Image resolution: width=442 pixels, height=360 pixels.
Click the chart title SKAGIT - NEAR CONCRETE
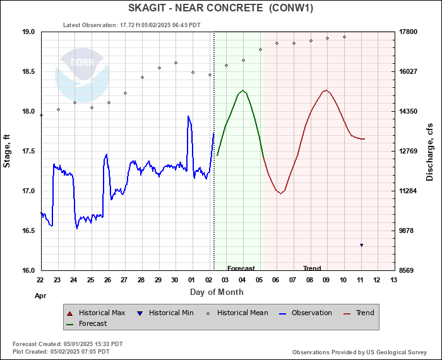[220, 8]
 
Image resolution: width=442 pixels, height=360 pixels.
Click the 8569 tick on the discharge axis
[409, 270]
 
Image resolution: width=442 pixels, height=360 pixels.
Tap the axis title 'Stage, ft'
[8, 151]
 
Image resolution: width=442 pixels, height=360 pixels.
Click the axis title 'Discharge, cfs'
[430, 151]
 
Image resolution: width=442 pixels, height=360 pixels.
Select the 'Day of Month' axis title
[217, 292]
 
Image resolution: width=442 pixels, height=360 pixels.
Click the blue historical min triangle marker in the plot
[361, 245]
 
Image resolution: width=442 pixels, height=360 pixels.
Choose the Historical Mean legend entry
[237, 313]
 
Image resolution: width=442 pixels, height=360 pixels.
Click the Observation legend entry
[306, 313]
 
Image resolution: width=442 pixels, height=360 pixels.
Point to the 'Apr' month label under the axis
[40, 295]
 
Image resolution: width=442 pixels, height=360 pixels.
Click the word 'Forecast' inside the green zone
[241, 268]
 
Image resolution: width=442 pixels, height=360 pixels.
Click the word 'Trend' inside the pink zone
[312, 268]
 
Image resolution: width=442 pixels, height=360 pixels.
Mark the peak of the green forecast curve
[243, 90]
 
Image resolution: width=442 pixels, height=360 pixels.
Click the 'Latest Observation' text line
[132, 25]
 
